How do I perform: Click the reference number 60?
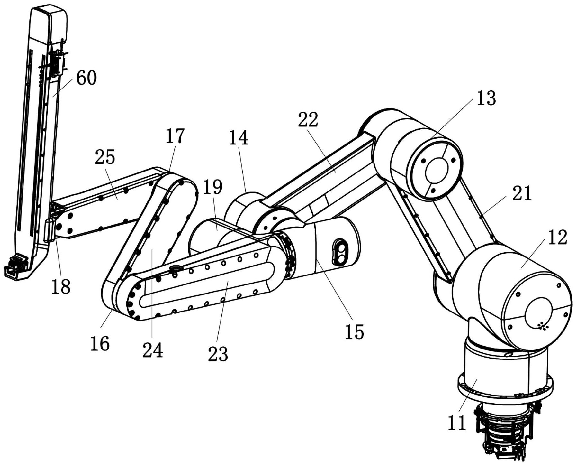click(86, 78)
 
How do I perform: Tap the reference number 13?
click(486, 98)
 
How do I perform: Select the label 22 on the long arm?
click(308, 120)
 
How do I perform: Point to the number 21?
click(522, 194)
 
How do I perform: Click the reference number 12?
click(557, 238)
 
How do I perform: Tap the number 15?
click(354, 332)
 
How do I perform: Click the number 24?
click(153, 350)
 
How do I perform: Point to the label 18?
click(61, 286)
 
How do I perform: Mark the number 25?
click(105, 157)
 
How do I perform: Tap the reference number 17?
click(175, 136)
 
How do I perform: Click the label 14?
click(239, 138)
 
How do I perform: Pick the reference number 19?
click(213, 187)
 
